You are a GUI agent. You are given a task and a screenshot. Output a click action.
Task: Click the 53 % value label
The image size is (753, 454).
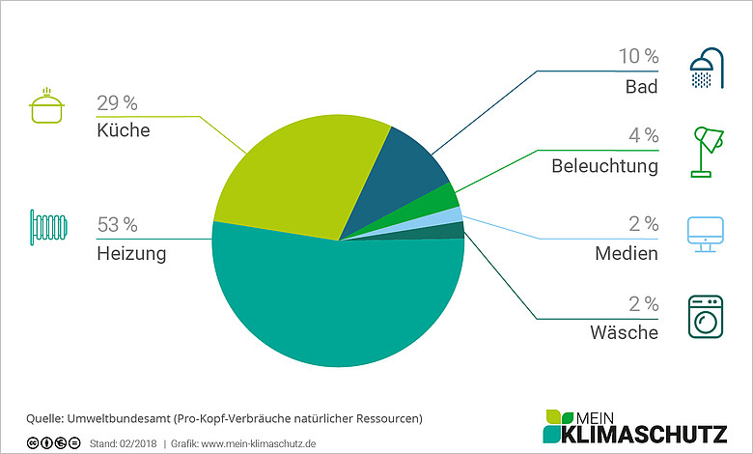click(117, 224)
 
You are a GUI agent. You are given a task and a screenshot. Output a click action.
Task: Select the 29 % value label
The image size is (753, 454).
click(117, 102)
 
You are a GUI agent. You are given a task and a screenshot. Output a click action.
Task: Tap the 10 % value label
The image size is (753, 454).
click(638, 56)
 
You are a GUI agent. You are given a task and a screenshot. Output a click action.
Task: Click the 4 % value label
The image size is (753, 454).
click(644, 135)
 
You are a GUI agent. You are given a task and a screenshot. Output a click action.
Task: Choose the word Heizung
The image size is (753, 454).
click(131, 254)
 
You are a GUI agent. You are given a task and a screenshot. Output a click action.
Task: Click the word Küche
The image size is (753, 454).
click(124, 130)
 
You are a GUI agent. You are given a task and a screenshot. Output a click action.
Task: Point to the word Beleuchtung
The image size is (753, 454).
click(604, 166)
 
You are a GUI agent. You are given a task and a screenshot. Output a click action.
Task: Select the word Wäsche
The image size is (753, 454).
click(625, 332)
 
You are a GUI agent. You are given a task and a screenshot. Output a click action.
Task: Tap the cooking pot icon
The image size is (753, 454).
click(46, 105)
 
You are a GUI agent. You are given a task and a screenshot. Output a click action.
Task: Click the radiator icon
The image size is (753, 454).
click(48, 227)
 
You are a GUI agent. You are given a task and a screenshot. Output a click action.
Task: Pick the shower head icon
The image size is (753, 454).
click(707, 69)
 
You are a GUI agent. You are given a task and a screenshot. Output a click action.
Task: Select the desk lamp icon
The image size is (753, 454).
click(707, 152)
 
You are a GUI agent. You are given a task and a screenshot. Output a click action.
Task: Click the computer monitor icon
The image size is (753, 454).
click(706, 235)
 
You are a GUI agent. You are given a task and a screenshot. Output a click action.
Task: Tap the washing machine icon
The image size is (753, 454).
click(706, 317)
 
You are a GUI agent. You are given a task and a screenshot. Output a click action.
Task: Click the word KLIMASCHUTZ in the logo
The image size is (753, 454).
click(644, 434)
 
